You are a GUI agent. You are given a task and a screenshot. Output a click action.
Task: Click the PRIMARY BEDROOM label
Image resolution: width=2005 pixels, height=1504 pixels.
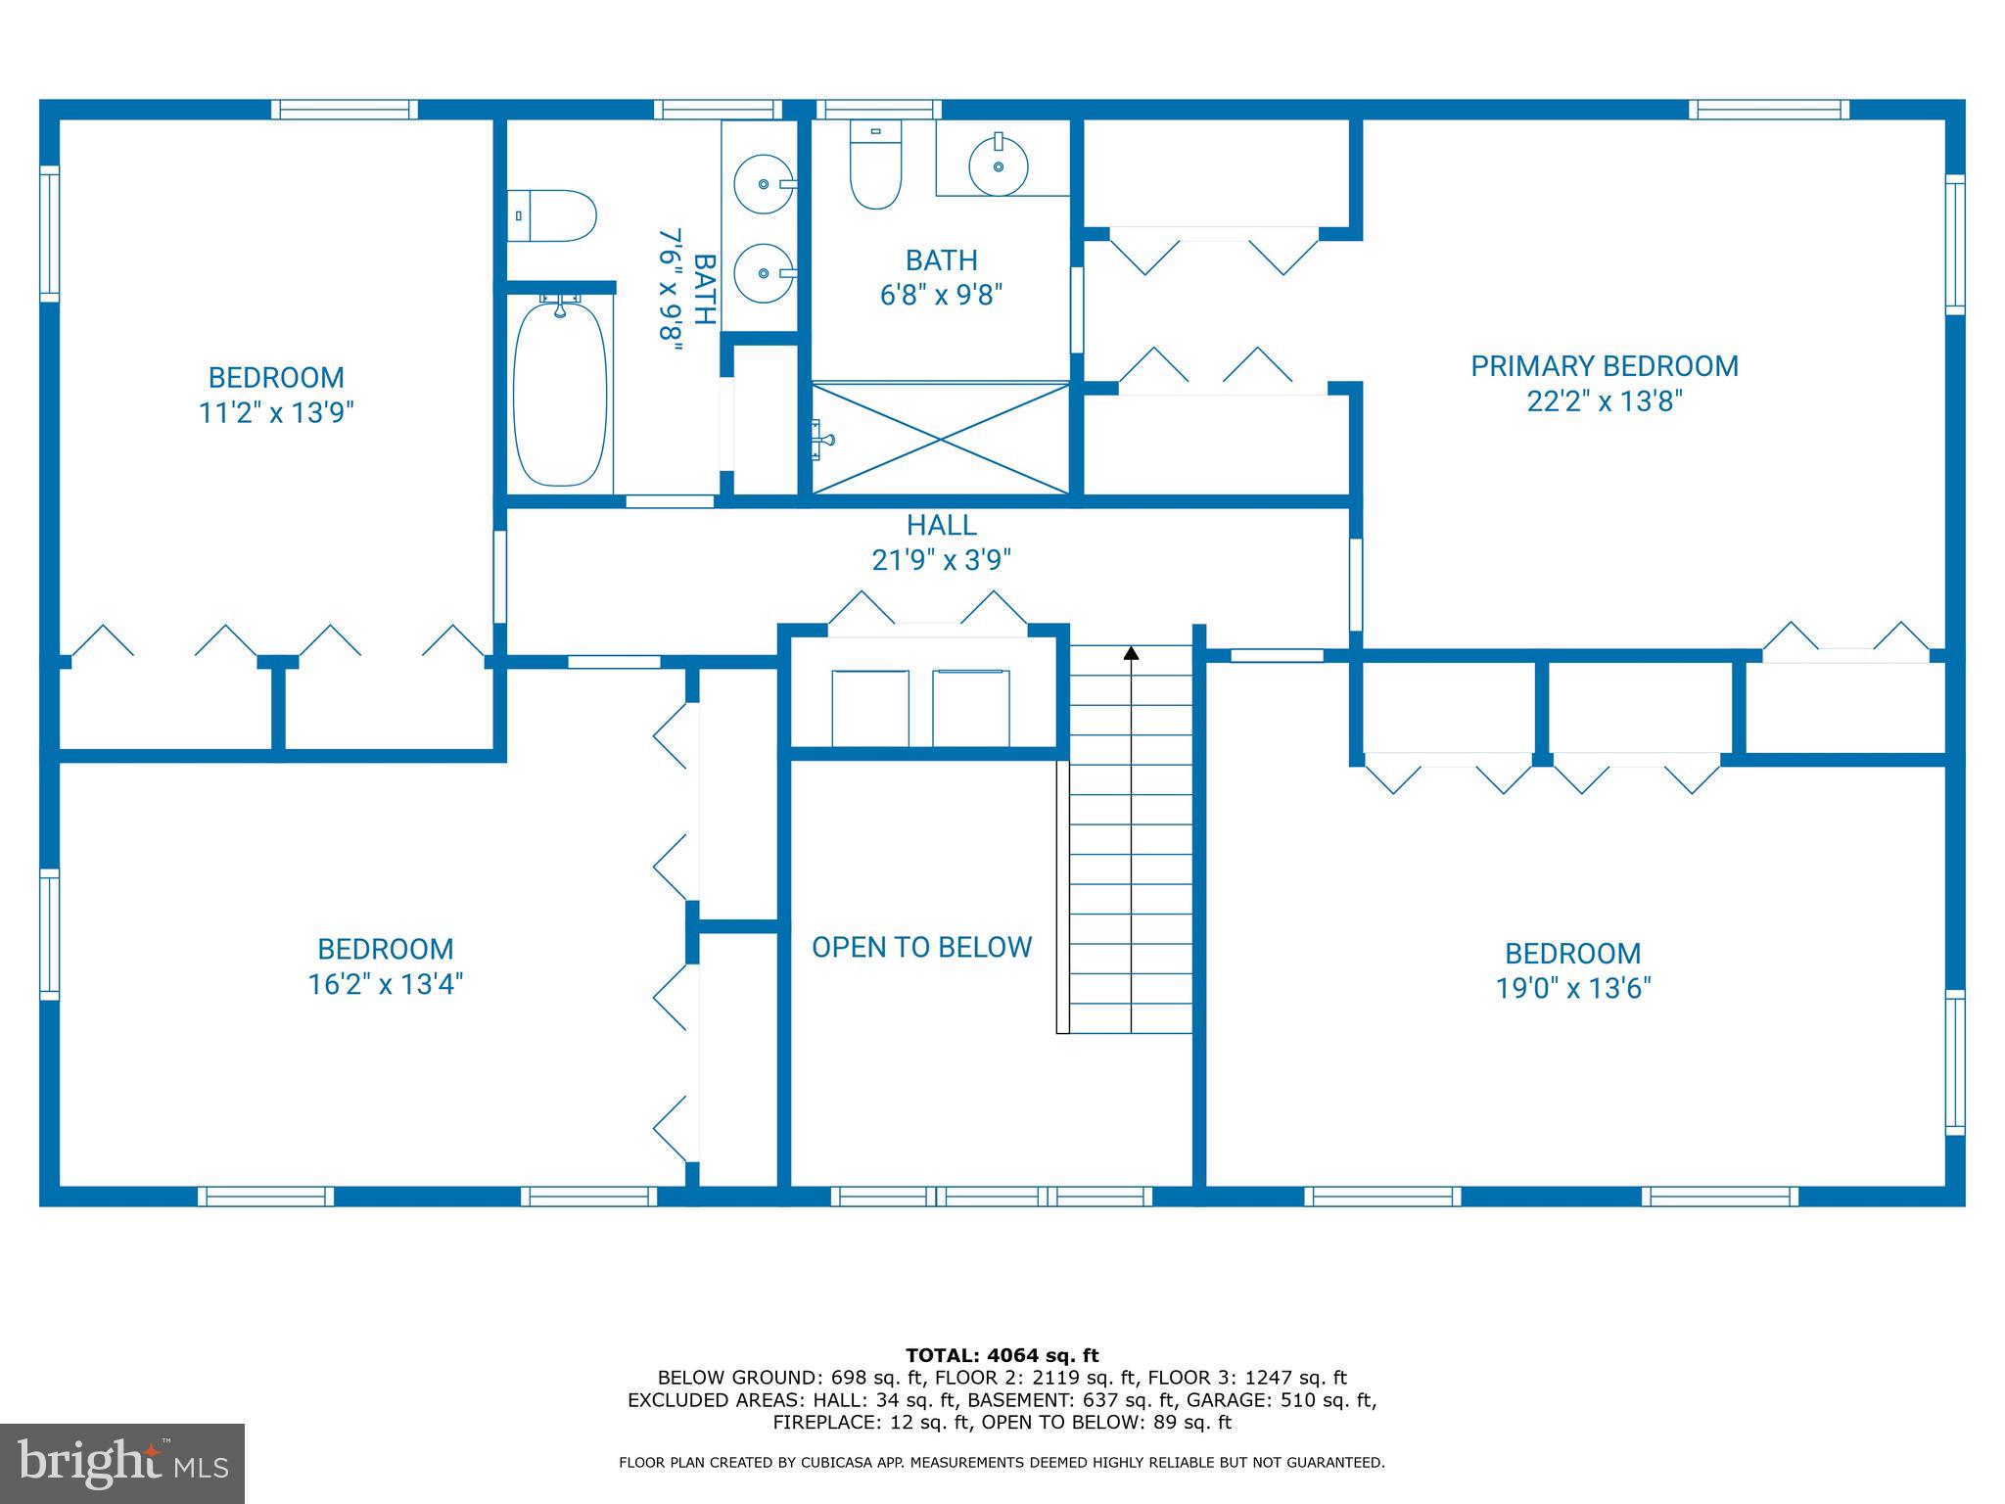pos(1604,366)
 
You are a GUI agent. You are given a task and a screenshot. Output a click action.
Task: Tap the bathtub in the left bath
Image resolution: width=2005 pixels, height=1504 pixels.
pos(560,395)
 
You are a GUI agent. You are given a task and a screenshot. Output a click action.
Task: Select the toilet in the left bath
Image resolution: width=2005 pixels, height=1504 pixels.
pos(553,215)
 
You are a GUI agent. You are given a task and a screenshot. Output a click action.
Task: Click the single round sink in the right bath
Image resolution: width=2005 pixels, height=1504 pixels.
pos(999,165)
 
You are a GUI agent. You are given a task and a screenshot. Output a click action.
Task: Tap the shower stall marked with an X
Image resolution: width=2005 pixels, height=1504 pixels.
pos(940,439)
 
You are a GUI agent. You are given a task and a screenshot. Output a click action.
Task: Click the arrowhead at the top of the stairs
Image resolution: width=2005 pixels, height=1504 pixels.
pos(1131,652)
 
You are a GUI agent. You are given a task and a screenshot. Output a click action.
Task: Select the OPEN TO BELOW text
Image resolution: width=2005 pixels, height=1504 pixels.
pos(921,947)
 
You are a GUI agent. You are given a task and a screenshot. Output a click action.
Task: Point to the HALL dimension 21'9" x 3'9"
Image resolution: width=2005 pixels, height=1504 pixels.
pos(941,560)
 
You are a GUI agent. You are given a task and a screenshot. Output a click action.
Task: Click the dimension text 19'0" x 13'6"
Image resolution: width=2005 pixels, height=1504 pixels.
pos(1572,988)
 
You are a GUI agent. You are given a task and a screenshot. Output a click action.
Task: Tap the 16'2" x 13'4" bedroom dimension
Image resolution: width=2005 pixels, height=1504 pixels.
pos(385,984)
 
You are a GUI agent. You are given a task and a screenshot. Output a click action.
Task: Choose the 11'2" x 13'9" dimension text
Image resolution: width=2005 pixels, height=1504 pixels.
pos(275,412)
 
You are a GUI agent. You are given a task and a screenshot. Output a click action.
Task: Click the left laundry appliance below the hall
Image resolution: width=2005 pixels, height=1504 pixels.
pos(870,708)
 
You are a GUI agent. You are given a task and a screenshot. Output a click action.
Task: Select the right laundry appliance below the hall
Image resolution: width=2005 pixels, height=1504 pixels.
pos(970,708)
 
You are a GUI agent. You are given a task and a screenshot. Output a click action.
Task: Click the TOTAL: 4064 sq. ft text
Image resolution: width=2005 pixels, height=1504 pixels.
pos(1002,1355)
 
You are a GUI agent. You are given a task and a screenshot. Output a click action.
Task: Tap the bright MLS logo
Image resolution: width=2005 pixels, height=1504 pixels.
pos(122,1463)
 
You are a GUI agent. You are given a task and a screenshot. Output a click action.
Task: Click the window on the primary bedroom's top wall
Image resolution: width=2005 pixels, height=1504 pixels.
pos(1768,110)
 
